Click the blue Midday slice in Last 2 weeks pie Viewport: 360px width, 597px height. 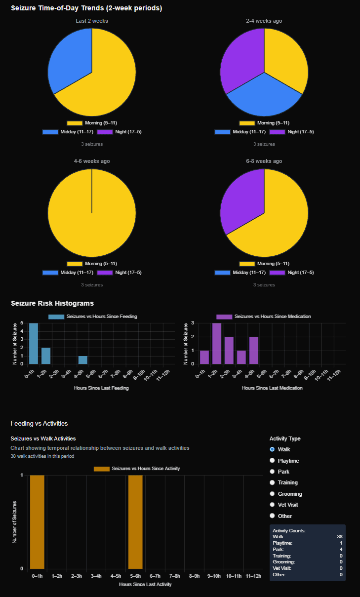69,59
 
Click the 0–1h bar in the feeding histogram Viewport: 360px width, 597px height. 34,344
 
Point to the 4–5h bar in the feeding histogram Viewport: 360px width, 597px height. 83,360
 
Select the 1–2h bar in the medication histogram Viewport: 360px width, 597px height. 216,344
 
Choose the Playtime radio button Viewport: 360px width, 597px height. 272,461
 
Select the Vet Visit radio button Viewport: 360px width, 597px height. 272,505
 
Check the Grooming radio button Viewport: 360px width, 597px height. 272,494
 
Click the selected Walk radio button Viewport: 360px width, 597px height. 272,449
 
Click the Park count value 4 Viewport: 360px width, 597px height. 341,549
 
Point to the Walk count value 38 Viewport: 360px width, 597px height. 339,536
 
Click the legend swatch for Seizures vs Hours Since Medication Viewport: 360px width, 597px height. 224,317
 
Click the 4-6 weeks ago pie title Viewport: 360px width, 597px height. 92,161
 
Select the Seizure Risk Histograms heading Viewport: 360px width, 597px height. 52,303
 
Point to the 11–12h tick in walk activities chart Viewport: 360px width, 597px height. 253,576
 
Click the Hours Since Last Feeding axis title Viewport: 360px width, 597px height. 101,388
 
